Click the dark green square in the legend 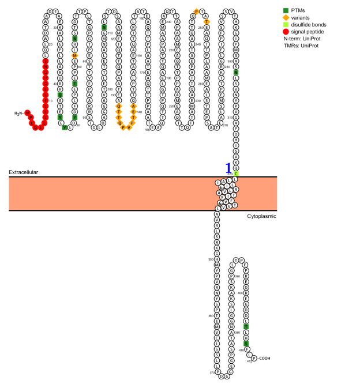click(x=286, y=10)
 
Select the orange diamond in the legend click(x=286, y=17)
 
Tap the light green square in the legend click(x=286, y=25)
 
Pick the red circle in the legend click(x=286, y=32)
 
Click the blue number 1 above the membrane click(x=228, y=168)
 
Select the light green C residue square click(x=235, y=174)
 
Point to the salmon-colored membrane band click(x=115, y=194)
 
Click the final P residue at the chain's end click(x=254, y=358)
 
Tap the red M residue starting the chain click(x=27, y=113)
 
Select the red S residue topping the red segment click(x=46, y=61)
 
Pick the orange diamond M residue click(x=74, y=56)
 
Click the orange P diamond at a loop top click(x=196, y=12)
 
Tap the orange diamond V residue click(x=128, y=127)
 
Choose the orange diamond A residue click(x=133, y=106)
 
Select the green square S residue click(x=246, y=343)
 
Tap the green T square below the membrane click(x=246, y=326)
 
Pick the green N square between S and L click(x=236, y=73)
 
